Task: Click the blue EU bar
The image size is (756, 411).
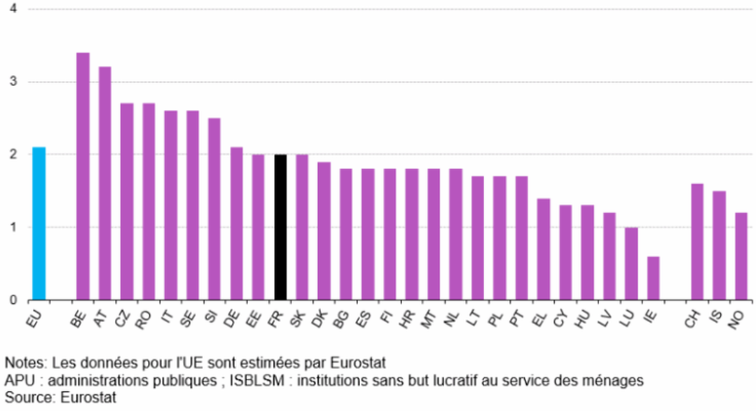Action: [39, 223]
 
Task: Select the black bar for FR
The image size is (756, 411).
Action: [280, 227]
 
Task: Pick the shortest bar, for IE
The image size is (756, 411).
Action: [653, 278]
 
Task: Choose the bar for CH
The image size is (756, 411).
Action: [697, 242]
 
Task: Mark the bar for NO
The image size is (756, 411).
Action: [741, 256]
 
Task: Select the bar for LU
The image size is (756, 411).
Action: [631, 263]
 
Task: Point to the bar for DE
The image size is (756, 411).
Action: [236, 223]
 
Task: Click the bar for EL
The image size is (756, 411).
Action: [543, 249]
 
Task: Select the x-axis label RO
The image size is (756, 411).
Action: [146, 321]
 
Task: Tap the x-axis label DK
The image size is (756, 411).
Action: [321, 321]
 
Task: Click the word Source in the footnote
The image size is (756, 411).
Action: [27, 399]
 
